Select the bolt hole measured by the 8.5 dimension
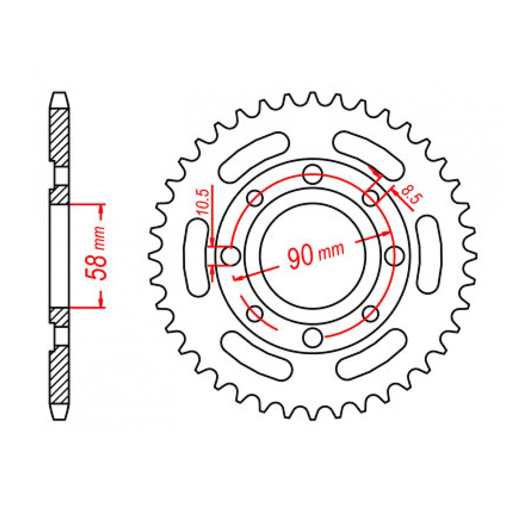click(x=370, y=198)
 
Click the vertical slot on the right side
click(x=428, y=255)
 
